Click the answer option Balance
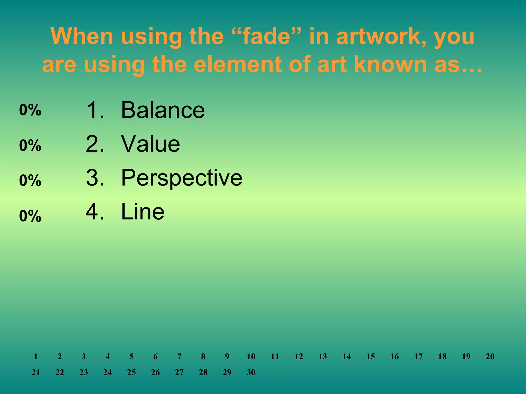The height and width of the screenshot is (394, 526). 163,110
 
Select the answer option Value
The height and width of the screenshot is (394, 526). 151,144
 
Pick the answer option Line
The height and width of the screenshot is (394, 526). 143,212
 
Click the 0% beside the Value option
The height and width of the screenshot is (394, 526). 30,145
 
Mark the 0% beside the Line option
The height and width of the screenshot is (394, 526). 30,216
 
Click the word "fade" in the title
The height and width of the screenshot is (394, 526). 268,36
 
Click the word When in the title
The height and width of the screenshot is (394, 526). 82,36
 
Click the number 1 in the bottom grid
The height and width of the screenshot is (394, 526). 36,357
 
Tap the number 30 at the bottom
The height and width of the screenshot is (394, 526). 251,372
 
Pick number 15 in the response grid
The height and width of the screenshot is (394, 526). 370,357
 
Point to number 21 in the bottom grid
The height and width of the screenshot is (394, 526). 36,372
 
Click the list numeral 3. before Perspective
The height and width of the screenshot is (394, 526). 95,178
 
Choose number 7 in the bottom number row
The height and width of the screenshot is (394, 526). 179,357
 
